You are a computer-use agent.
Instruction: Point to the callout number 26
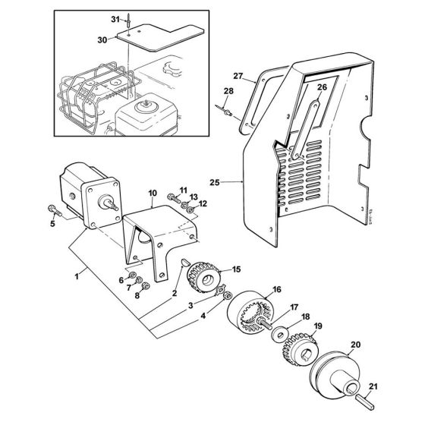[322, 87]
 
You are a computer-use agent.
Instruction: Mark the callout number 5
[52, 223]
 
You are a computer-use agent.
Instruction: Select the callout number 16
[255, 289]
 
